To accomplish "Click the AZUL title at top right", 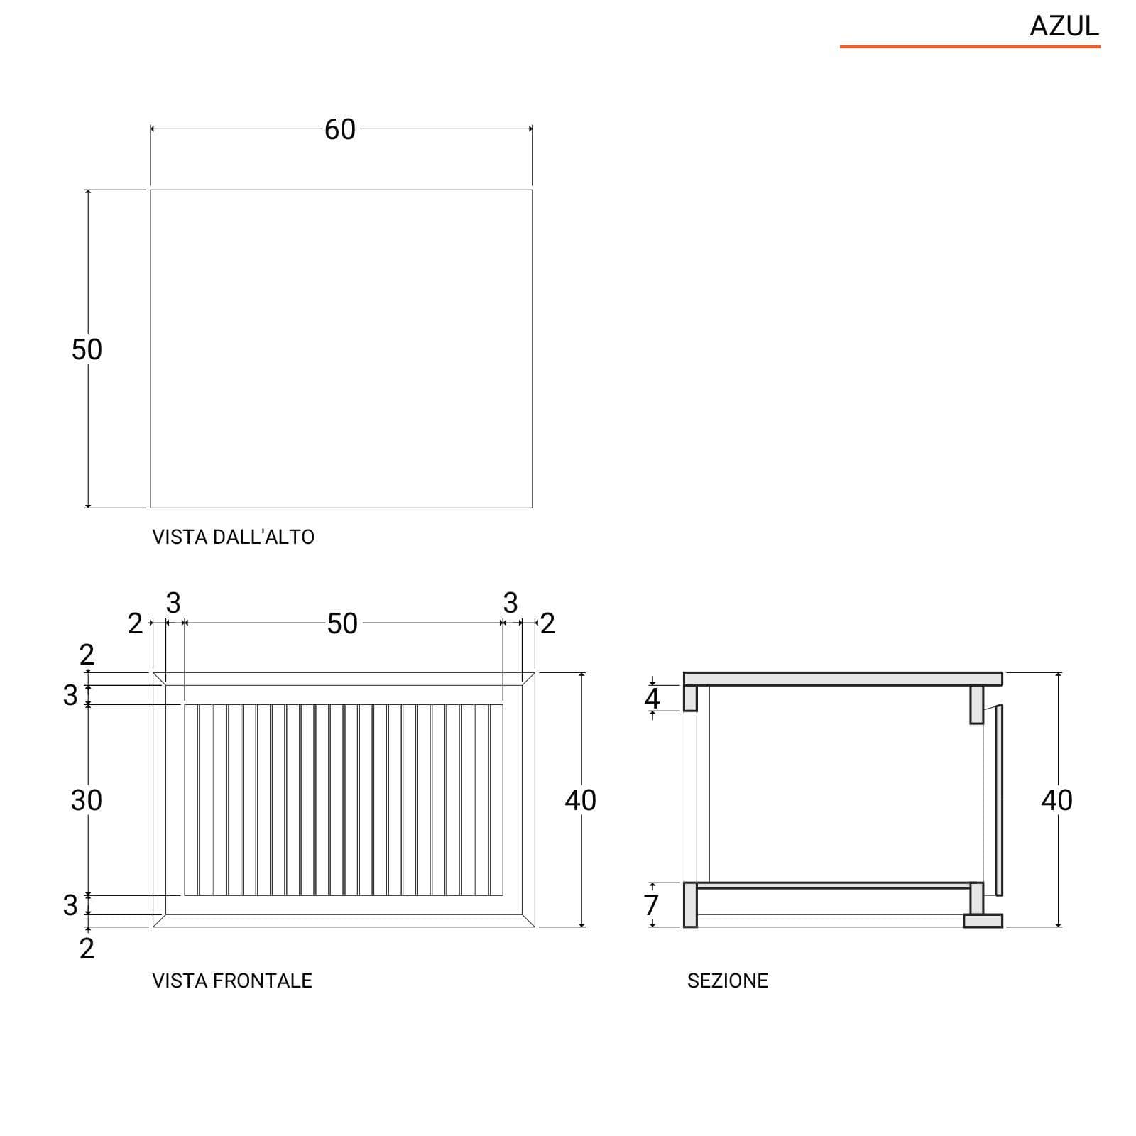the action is [1064, 26].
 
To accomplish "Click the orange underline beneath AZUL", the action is [970, 47].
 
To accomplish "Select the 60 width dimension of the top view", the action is [340, 129].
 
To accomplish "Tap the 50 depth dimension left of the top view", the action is [87, 349].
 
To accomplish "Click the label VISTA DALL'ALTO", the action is [233, 537].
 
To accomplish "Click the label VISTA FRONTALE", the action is [232, 981].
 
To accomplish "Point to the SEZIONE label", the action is [728, 981].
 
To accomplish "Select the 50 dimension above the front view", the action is [342, 624].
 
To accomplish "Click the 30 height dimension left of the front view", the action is [87, 800].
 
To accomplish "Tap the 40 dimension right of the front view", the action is [581, 800].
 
